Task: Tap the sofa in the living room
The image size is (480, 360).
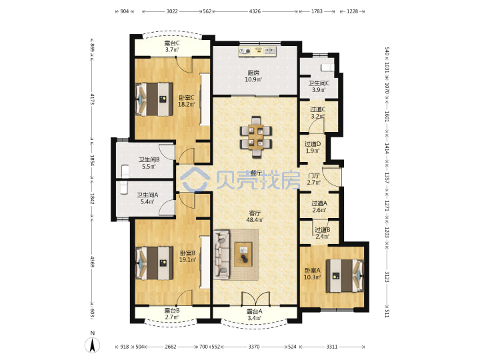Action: point(221,255)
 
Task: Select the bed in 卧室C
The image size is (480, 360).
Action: point(154,99)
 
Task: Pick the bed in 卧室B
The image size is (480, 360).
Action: point(154,263)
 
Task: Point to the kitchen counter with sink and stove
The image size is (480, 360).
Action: point(257,51)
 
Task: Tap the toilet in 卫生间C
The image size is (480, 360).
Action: point(327,67)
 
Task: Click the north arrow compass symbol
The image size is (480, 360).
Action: point(93,345)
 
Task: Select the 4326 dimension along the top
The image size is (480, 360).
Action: point(255,11)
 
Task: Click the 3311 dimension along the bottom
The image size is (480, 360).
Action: point(332,347)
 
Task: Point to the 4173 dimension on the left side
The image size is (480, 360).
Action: point(92,99)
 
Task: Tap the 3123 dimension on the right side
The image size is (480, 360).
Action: point(387,277)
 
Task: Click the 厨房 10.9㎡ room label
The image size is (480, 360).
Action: point(253,76)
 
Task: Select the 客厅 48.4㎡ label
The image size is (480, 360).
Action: point(255,216)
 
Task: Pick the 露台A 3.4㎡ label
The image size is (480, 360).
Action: point(255,315)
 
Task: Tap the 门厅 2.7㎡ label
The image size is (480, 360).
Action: point(314,179)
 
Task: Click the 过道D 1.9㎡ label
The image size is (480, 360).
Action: point(313,147)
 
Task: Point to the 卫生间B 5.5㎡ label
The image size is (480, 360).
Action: point(149,163)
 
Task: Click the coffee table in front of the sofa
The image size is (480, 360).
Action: point(243,254)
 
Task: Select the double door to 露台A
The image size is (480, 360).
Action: point(255,299)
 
